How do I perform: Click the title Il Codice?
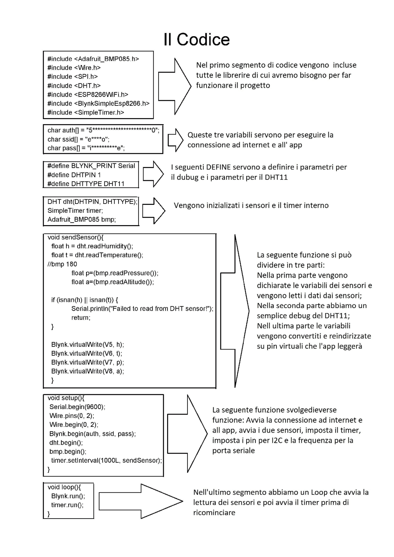pyautogui.click(x=196, y=40)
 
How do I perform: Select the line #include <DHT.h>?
pyautogui.click(x=74, y=86)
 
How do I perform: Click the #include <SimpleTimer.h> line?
pyautogui.click(x=86, y=113)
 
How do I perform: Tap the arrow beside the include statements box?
pyautogui.click(x=175, y=86)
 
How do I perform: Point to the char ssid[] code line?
pyautogui.click(x=78, y=139)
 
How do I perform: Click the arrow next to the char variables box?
pyautogui.click(x=175, y=140)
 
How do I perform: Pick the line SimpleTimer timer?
pyautogui.click(x=75, y=211)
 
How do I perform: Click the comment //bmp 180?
pyautogui.click(x=62, y=264)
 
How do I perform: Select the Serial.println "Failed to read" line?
pyautogui.click(x=142, y=309)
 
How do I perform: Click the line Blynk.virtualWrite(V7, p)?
pyautogui.click(x=87, y=362)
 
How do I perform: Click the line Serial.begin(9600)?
pyautogui.click(x=77, y=407)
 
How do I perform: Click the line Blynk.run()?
pyautogui.click(x=68, y=496)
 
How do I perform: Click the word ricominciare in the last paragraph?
pyautogui.click(x=214, y=513)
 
